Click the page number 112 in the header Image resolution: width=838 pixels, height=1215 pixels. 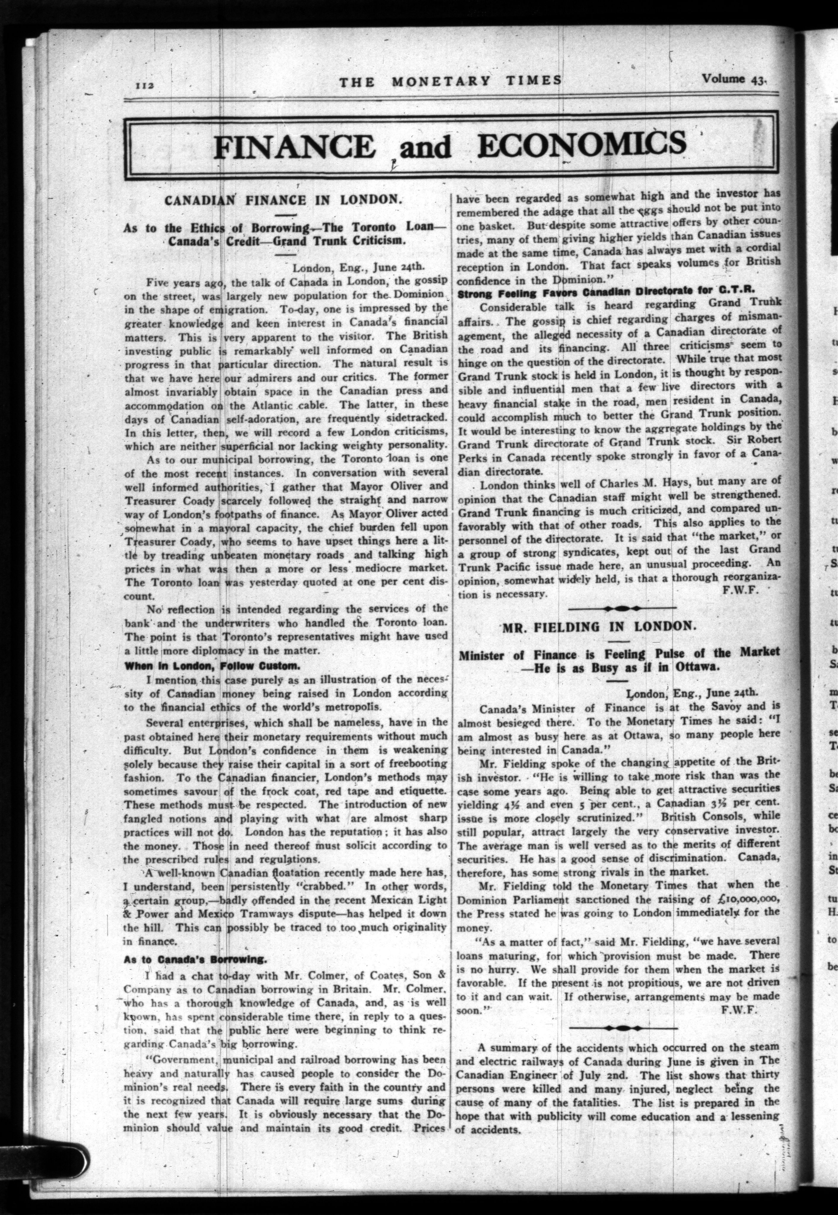click(143, 86)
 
